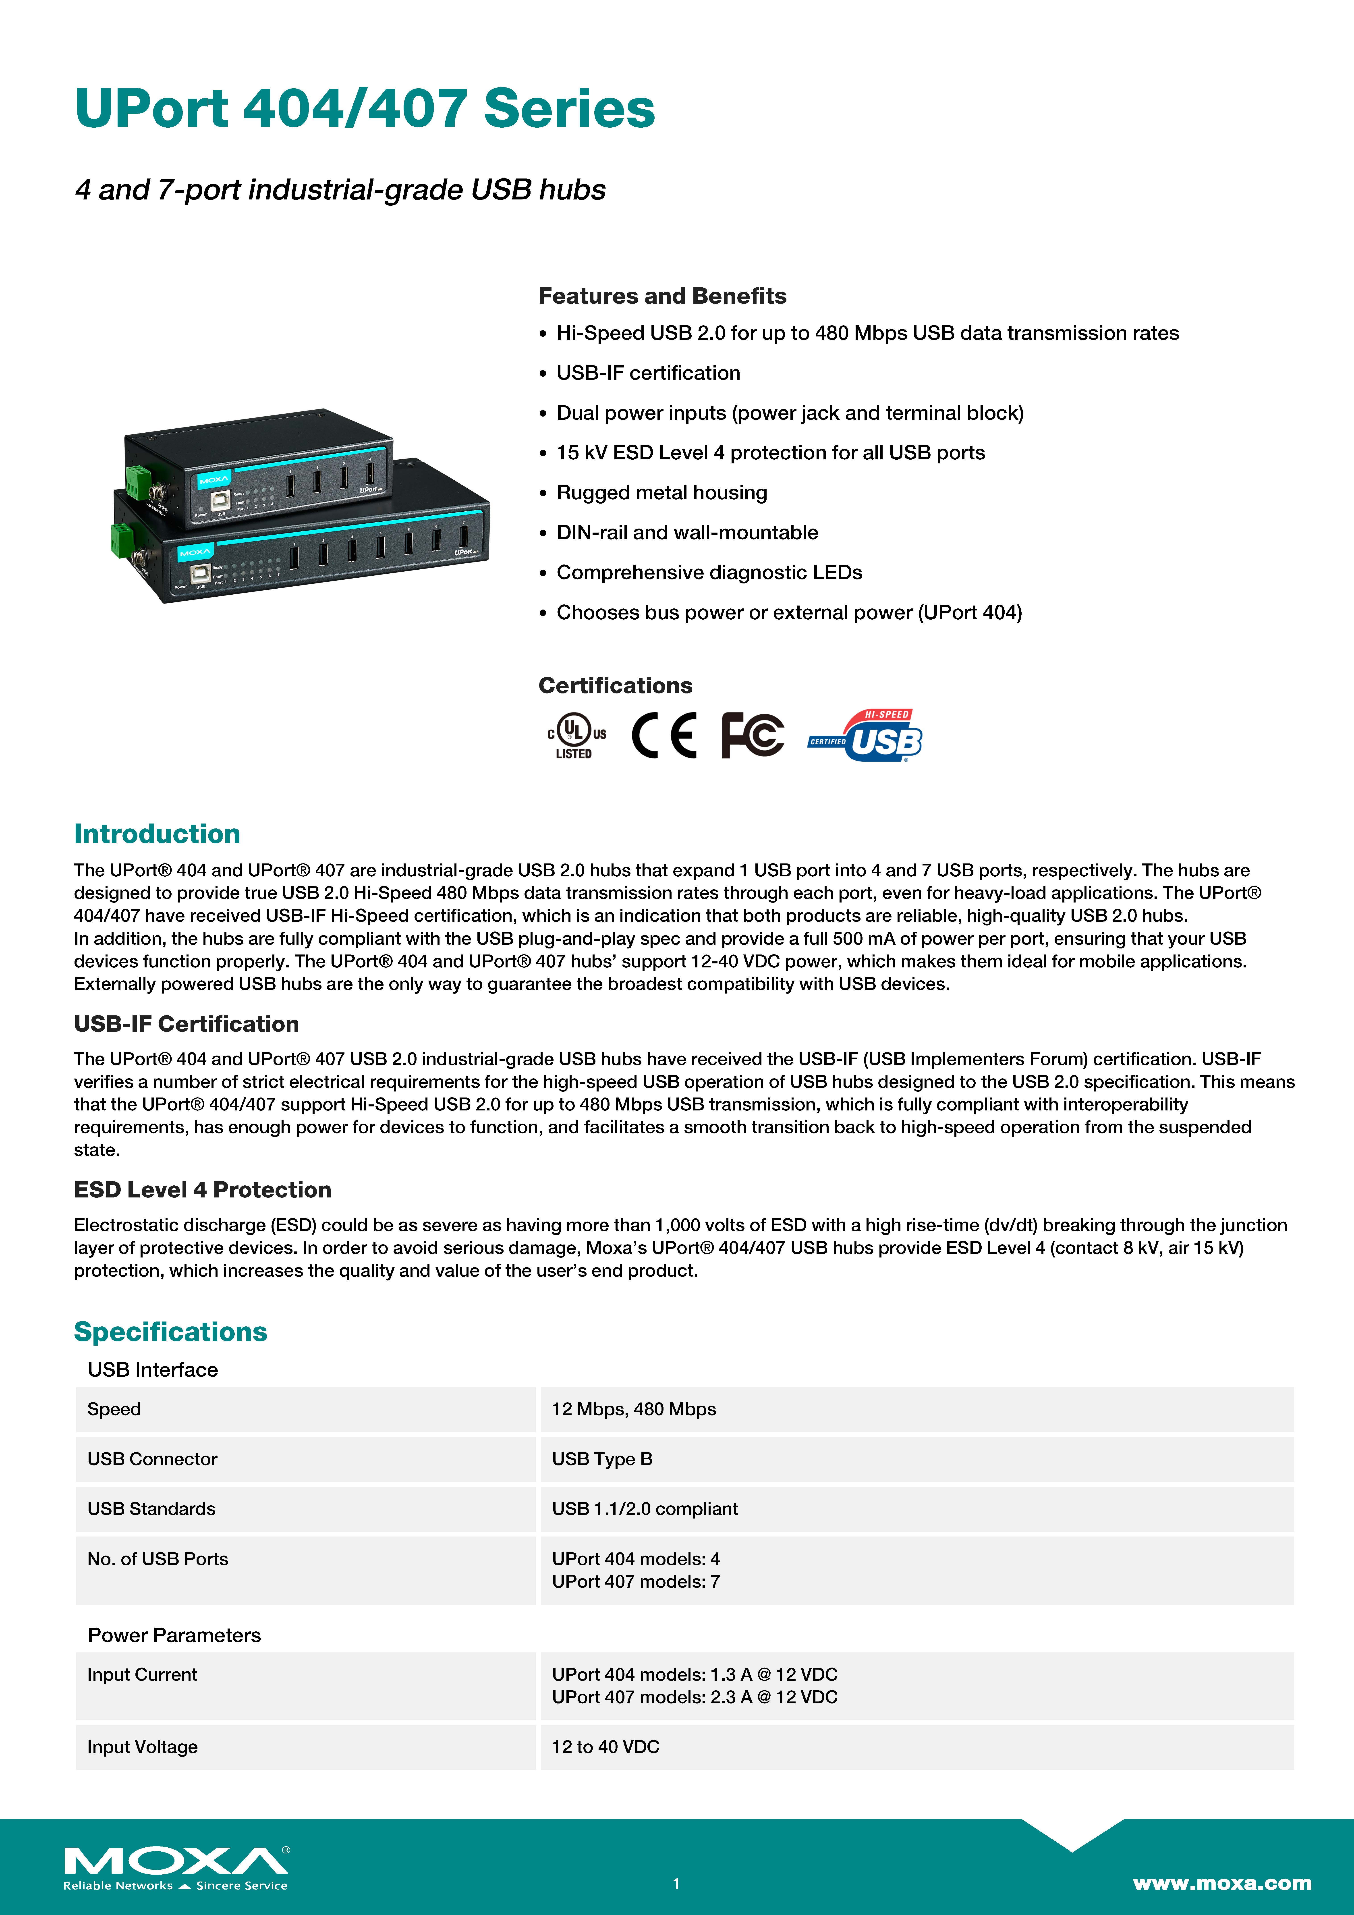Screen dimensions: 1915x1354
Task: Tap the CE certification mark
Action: click(x=663, y=735)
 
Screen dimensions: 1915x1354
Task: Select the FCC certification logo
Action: click(x=753, y=735)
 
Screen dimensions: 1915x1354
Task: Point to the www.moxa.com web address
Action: click(x=1221, y=1882)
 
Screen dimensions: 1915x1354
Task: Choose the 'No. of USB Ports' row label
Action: click(x=158, y=1559)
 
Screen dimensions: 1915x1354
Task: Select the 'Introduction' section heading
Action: click(x=157, y=833)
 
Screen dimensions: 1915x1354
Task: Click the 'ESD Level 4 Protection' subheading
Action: click(x=203, y=1189)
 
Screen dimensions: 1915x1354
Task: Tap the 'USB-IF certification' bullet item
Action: click(x=648, y=373)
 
